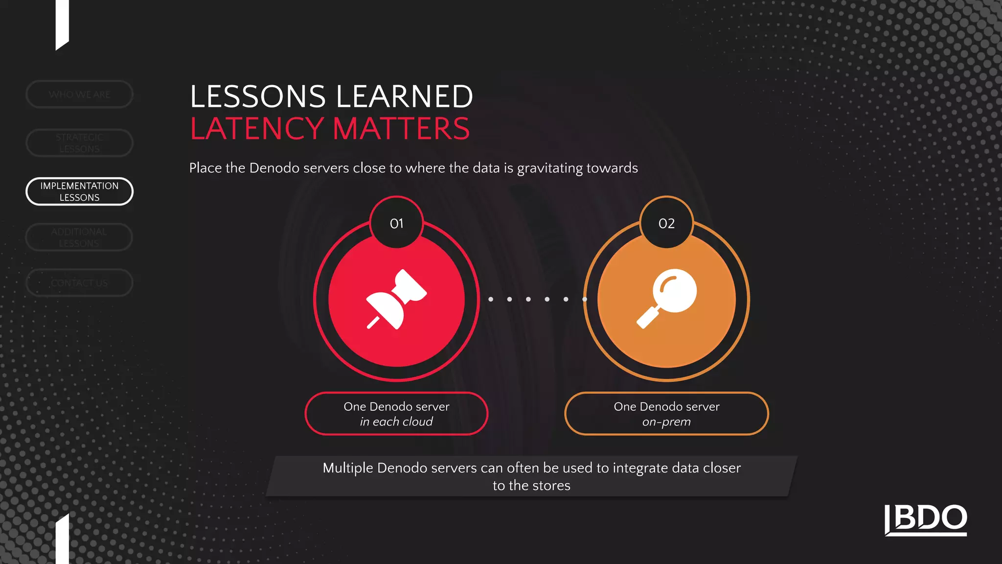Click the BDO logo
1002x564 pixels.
(926, 519)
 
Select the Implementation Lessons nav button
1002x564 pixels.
(79, 191)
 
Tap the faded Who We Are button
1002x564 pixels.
(79, 94)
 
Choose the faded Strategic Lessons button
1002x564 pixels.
(79, 143)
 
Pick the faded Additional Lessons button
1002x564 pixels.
(79, 237)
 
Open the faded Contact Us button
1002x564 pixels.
(79, 283)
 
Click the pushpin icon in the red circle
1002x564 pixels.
(396, 299)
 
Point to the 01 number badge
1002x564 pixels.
(396, 223)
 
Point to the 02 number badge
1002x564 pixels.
(666, 223)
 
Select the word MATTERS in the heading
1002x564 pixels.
(401, 129)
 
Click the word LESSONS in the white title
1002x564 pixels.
(258, 96)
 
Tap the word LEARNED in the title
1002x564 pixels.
(405, 96)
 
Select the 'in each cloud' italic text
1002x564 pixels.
(396, 422)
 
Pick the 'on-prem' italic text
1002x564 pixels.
(666, 422)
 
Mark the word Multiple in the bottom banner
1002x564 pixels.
(347, 468)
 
